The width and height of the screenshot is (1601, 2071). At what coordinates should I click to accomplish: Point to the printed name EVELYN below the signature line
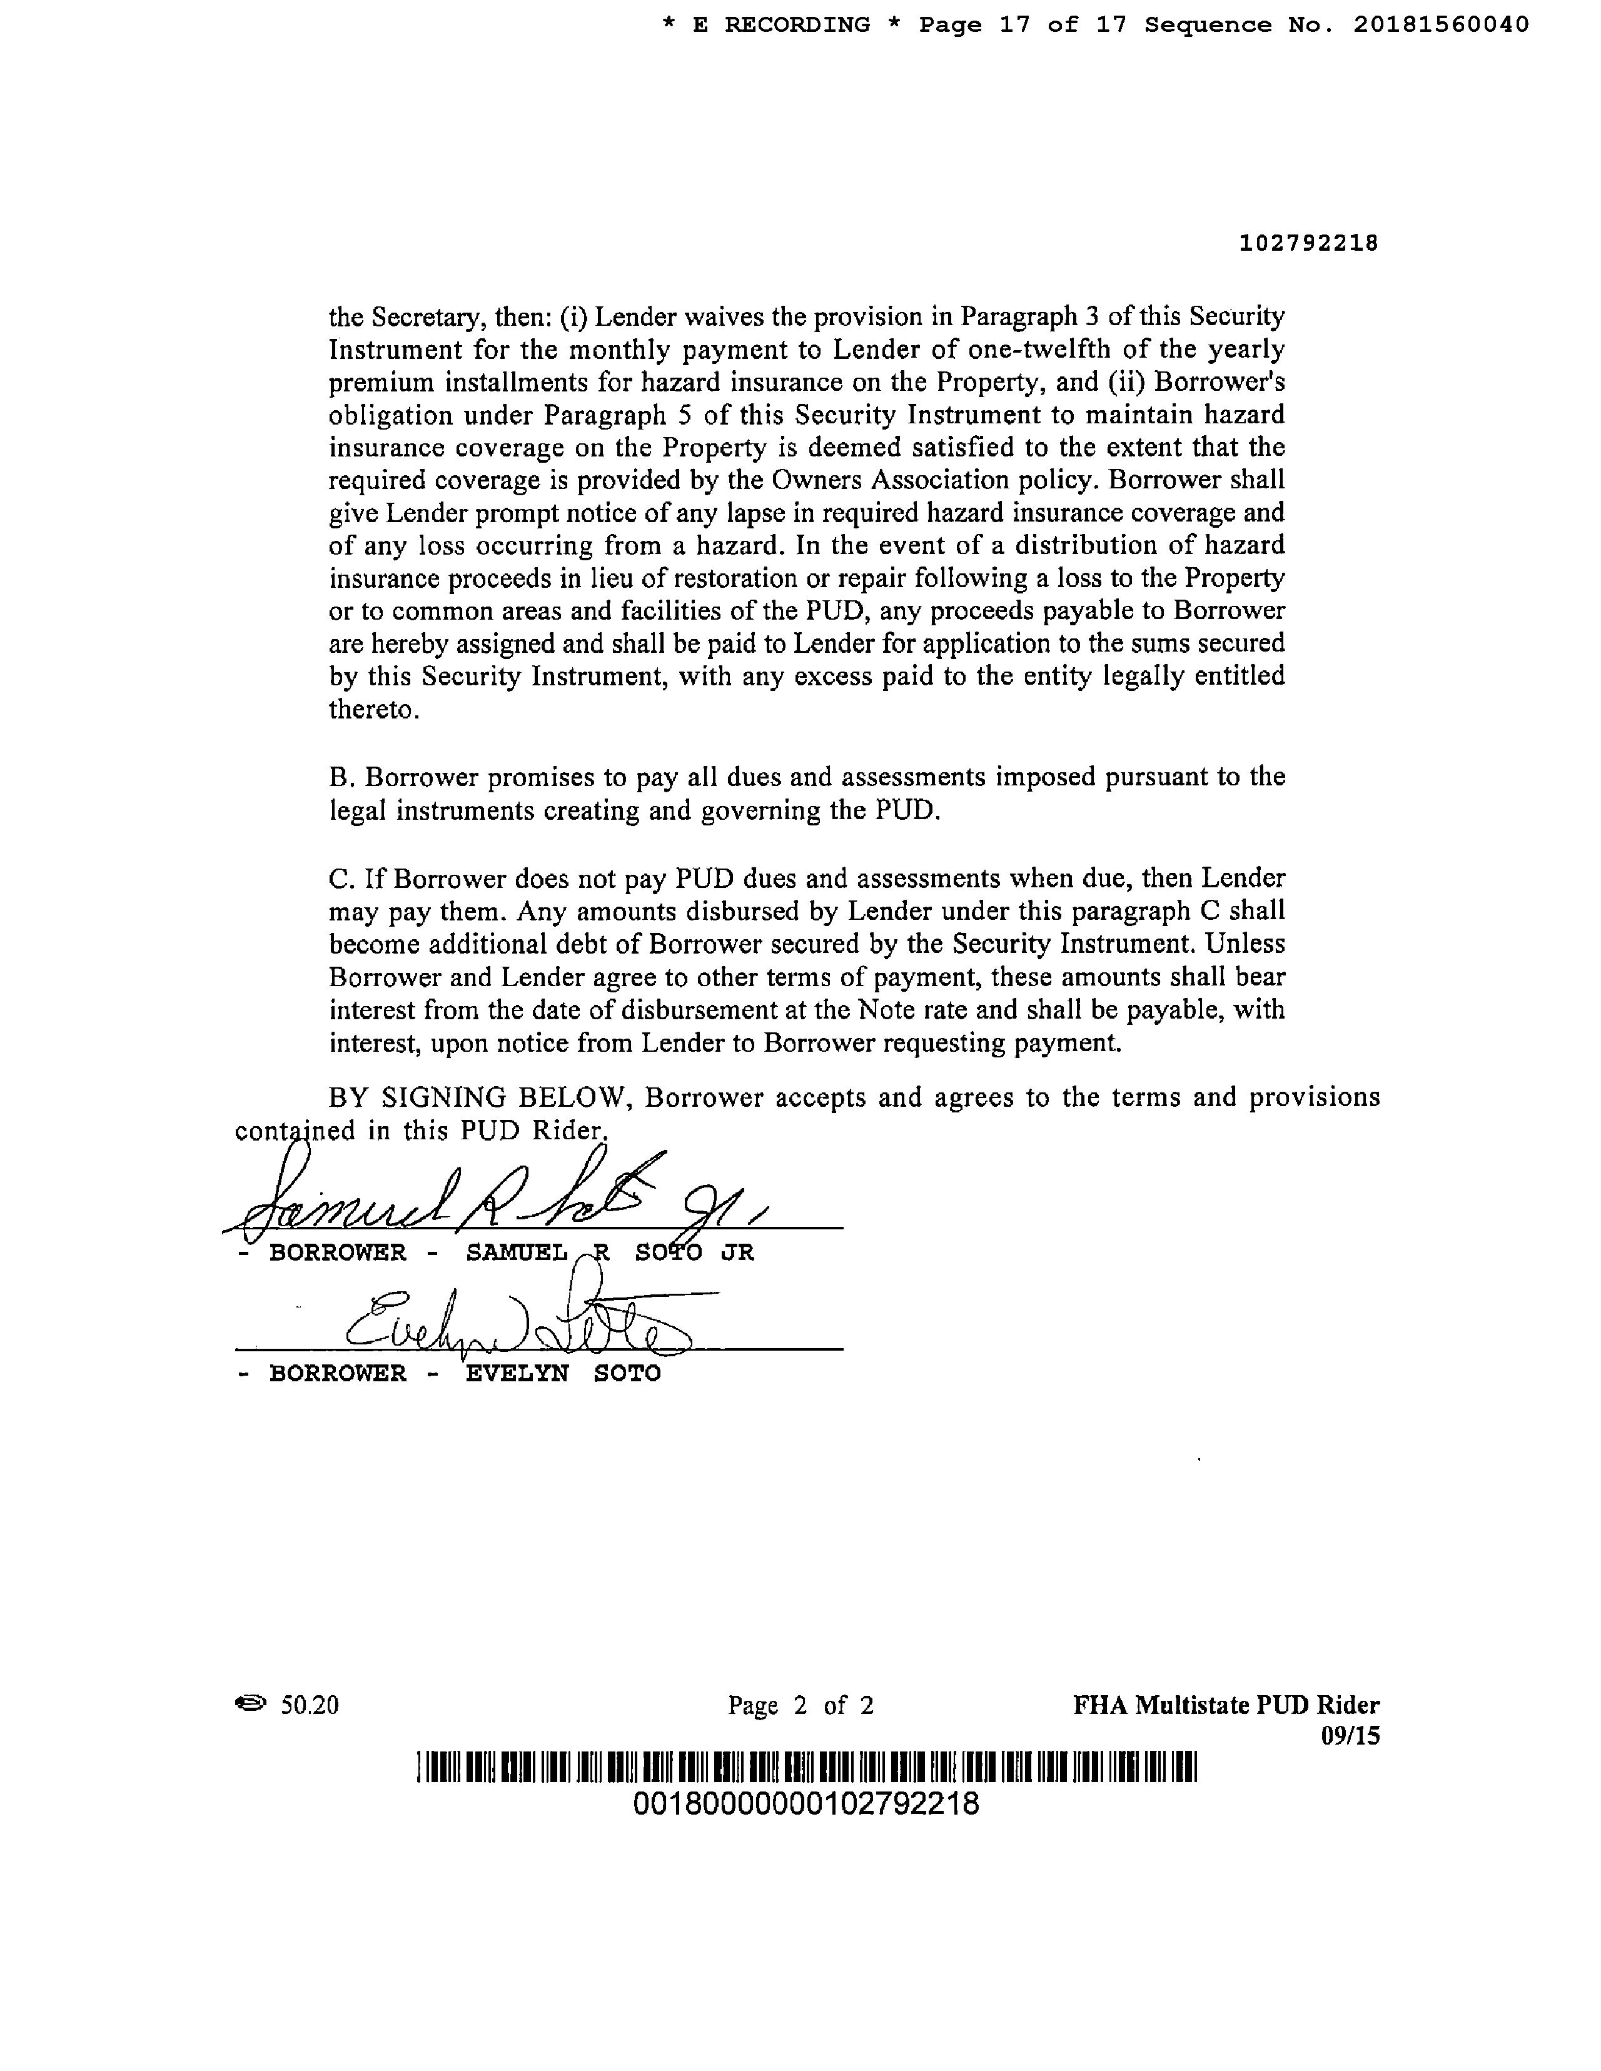point(517,1374)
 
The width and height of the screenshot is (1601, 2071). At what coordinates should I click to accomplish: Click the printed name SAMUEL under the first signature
point(517,1252)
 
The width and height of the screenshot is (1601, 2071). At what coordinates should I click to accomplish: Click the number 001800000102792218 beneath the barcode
point(806,1803)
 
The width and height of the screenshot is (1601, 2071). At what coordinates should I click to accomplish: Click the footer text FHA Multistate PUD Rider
point(1225,1705)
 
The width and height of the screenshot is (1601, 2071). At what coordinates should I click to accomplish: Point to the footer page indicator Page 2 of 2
point(800,1706)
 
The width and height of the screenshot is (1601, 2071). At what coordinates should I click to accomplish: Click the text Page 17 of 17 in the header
point(1023,24)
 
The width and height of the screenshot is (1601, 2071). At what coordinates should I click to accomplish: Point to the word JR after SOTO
point(737,1252)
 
